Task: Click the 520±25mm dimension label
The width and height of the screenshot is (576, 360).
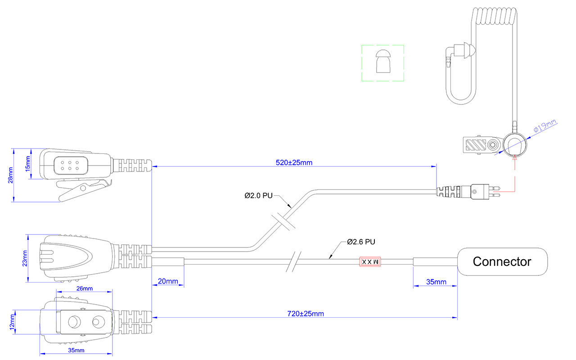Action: (x=294, y=162)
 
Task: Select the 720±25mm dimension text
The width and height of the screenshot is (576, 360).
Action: (x=306, y=314)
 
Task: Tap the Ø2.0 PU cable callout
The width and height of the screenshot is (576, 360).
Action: (x=258, y=196)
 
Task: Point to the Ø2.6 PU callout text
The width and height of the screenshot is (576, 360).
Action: (x=361, y=242)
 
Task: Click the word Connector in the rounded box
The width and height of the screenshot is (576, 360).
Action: (x=502, y=261)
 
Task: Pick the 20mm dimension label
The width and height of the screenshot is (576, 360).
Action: (x=168, y=281)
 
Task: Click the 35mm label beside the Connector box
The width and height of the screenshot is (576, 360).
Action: (x=436, y=282)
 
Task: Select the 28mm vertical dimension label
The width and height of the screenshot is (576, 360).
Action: (x=10, y=175)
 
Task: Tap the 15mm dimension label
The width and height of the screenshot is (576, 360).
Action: (x=27, y=163)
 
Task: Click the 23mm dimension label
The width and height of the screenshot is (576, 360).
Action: (x=25, y=258)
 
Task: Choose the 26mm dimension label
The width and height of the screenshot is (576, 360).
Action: (x=84, y=288)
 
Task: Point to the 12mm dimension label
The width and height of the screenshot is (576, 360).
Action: (x=12, y=322)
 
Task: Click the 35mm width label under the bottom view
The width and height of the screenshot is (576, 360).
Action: (x=76, y=350)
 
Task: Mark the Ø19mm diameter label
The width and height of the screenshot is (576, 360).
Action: (x=545, y=126)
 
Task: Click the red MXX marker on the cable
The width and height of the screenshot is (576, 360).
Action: (x=370, y=262)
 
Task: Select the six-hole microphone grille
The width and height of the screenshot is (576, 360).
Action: (x=71, y=166)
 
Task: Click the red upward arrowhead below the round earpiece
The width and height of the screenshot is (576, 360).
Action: (x=514, y=157)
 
